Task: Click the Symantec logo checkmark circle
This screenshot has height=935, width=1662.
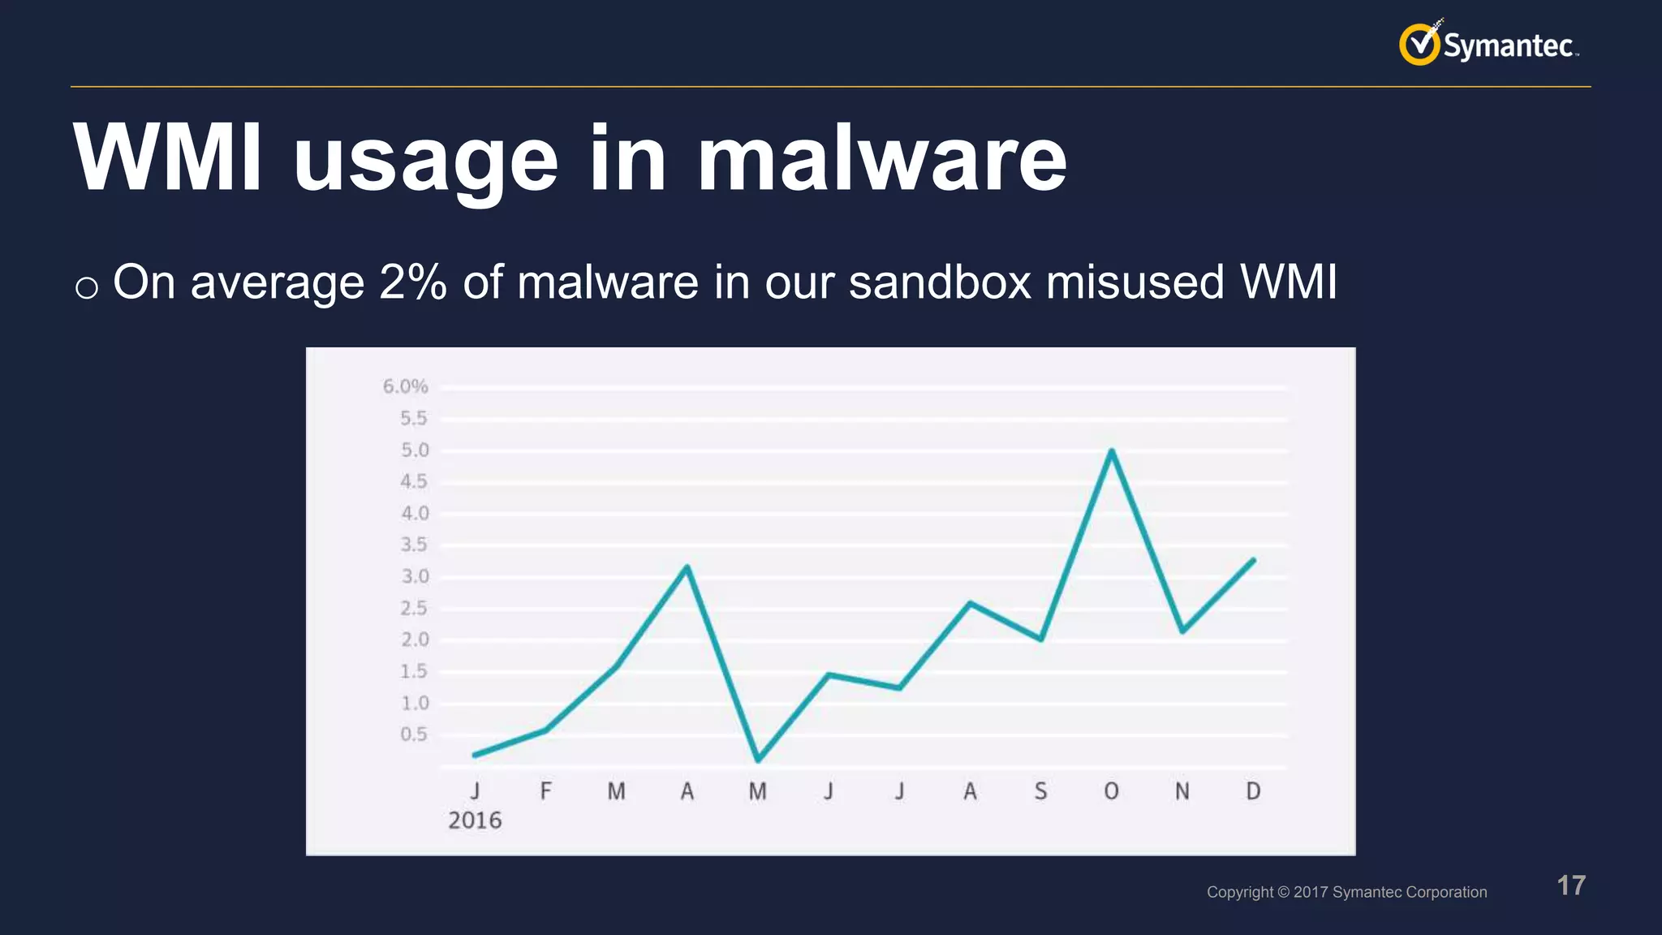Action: (x=1419, y=44)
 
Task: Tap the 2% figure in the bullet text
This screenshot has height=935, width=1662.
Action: (x=413, y=282)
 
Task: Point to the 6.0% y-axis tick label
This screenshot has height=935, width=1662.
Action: (x=405, y=386)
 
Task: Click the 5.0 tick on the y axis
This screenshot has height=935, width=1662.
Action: (x=414, y=450)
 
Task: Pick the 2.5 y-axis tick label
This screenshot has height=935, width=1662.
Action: (x=414, y=609)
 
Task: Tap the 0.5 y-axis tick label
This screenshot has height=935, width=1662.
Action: (x=414, y=735)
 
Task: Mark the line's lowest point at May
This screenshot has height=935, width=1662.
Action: (x=758, y=760)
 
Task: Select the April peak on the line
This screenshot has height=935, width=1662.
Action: (x=687, y=567)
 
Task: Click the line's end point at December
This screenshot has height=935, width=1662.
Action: (x=1254, y=560)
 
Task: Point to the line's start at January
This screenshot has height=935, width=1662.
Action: (x=475, y=755)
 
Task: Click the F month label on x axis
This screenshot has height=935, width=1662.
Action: (x=545, y=791)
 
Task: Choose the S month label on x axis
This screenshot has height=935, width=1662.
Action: (x=1040, y=791)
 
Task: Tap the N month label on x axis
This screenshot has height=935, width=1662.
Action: (x=1182, y=791)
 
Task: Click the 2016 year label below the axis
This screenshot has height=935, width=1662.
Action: (x=475, y=821)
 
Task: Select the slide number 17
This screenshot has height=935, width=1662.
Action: (x=1571, y=885)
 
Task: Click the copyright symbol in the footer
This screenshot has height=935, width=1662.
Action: (x=1283, y=892)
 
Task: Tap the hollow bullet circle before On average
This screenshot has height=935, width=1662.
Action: (x=87, y=287)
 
